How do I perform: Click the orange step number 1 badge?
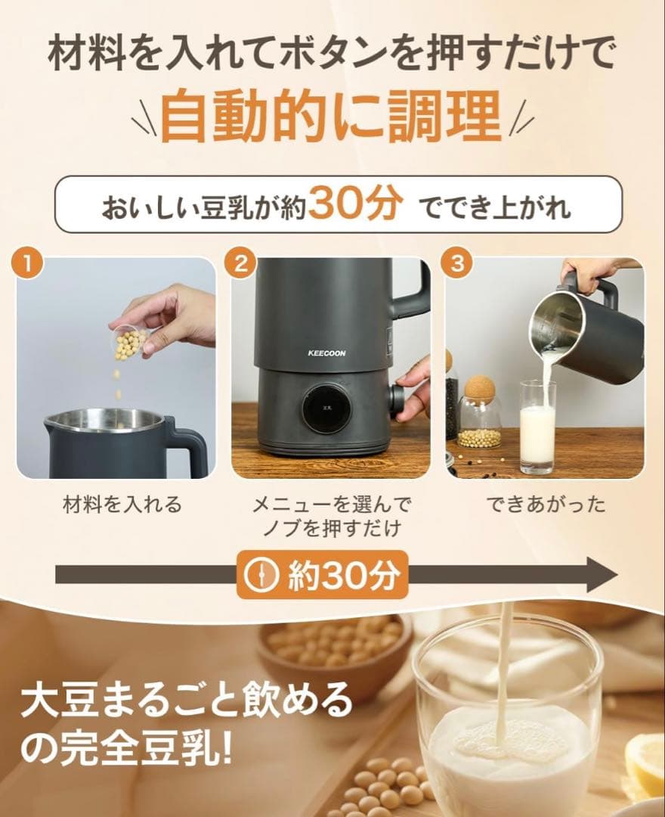(27, 264)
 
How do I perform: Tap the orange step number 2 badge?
(241, 264)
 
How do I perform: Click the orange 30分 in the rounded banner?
(353, 203)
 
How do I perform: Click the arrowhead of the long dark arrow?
(601, 576)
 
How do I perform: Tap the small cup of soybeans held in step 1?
(130, 343)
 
